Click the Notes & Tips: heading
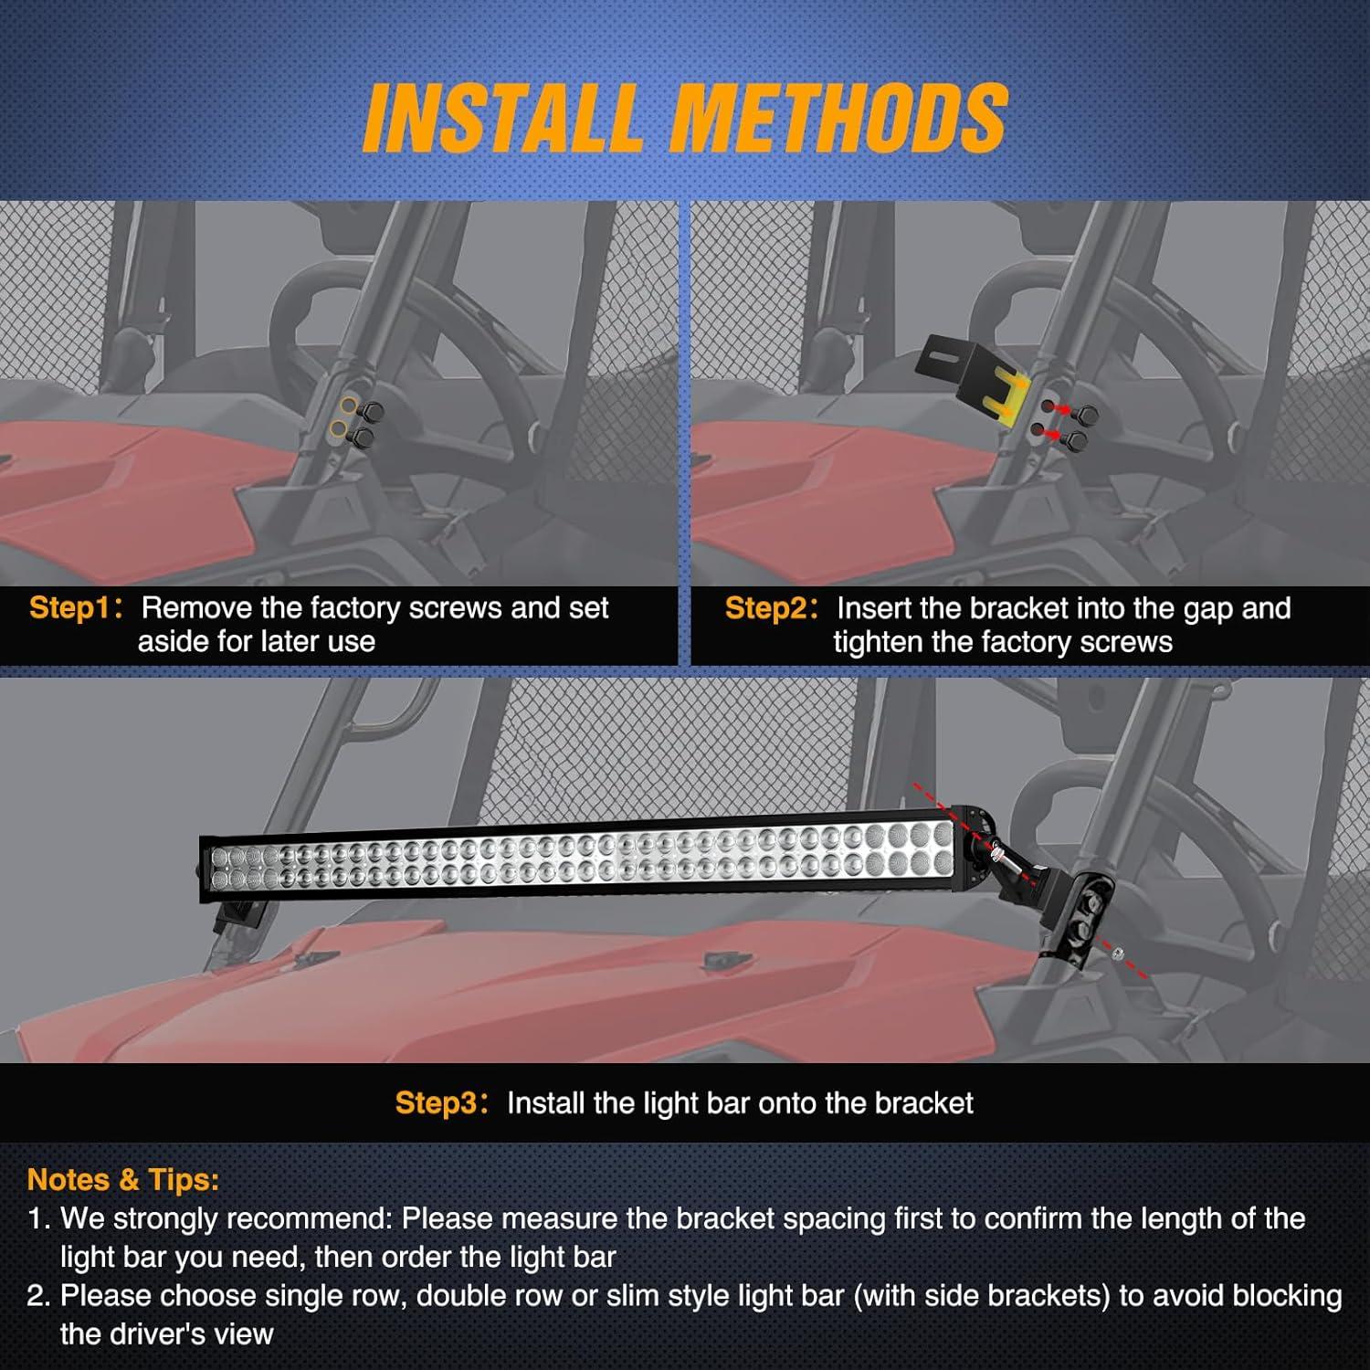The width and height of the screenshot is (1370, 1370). (123, 1179)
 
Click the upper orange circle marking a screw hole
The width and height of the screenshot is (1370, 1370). (348, 406)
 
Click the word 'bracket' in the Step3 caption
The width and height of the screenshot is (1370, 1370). (923, 1103)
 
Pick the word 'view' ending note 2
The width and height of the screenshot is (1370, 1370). (241, 1334)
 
